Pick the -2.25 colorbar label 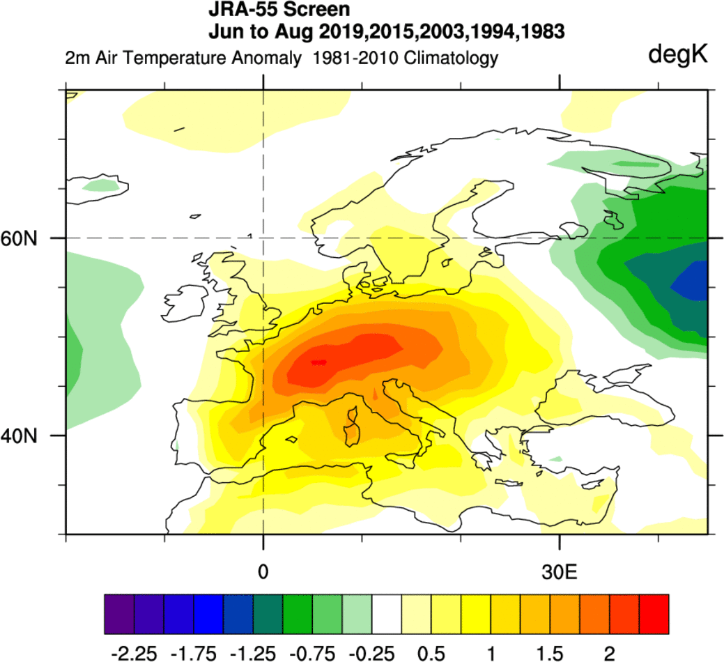134,653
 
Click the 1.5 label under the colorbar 550,653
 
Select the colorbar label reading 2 610,653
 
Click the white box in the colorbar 387,615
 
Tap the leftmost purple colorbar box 119,615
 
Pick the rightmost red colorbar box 654,615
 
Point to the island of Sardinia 353,433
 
